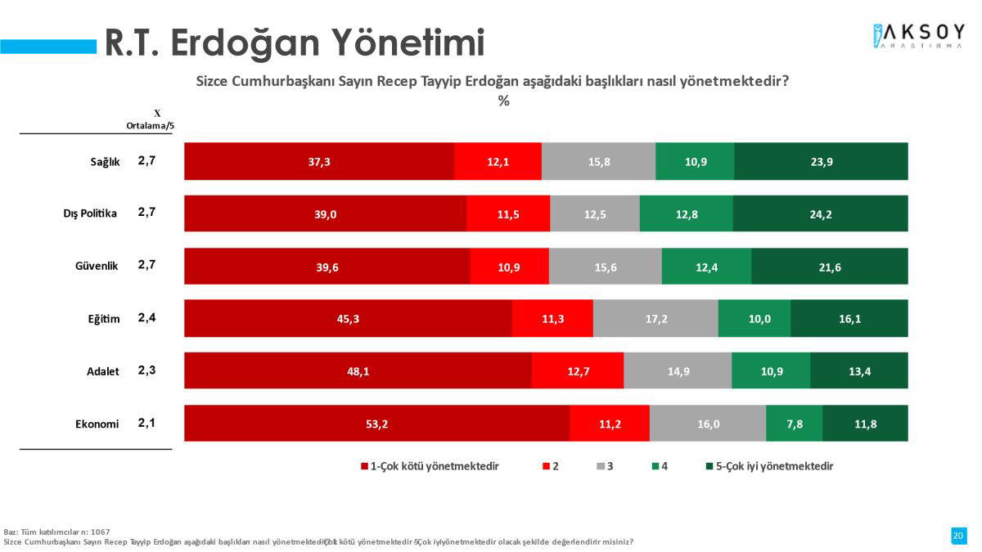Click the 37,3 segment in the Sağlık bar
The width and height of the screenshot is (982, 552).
(319, 161)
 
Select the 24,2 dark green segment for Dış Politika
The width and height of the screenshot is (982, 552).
(820, 213)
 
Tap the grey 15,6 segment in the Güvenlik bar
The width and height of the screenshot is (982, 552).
(605, 267)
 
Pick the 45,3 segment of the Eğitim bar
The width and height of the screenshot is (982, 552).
(348, 318)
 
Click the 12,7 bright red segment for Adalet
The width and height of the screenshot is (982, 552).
(578, 370)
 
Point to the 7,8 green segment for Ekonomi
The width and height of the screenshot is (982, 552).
(794, 424)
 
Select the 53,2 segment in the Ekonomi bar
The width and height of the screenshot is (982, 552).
(376, 424)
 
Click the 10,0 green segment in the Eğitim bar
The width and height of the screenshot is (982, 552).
(755, 318)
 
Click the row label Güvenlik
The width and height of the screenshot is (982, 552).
(97, 266)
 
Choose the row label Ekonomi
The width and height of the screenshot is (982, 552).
(97, 424)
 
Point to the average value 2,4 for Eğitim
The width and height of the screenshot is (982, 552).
(146, 317)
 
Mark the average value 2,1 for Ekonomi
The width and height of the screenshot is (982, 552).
(146, 423)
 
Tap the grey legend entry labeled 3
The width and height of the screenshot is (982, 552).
(606, 466)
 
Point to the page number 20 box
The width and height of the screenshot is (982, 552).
(957, 536)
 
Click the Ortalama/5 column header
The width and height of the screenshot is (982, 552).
(151, 126)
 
